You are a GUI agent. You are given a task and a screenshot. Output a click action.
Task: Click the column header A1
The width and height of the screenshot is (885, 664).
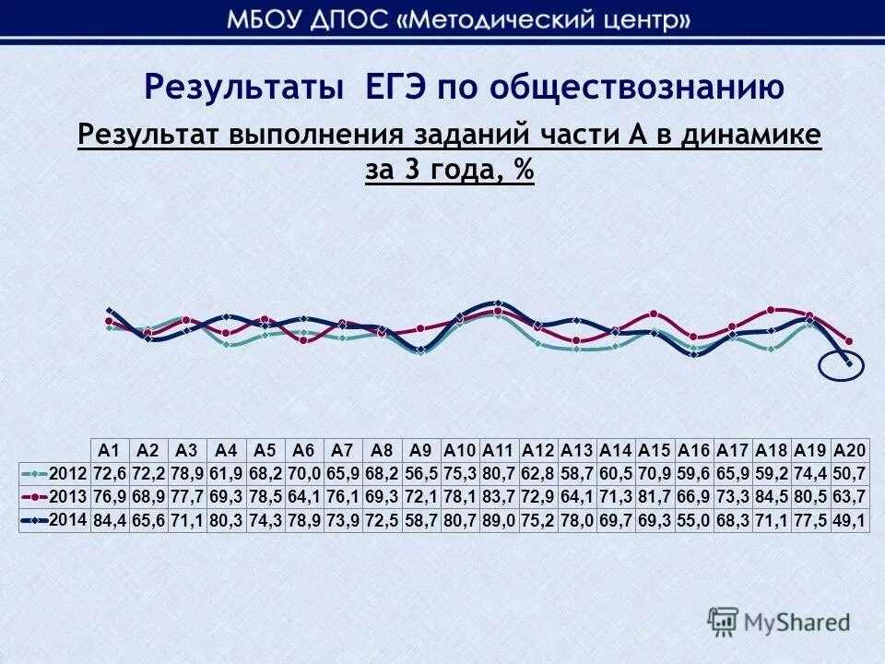pos(110,450)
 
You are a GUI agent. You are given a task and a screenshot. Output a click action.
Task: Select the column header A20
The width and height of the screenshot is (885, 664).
pos(849,450)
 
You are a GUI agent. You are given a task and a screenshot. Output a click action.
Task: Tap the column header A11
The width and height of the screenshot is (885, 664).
pos(499,450)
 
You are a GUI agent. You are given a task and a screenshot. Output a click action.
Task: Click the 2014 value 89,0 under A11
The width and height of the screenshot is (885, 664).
pos(499,521)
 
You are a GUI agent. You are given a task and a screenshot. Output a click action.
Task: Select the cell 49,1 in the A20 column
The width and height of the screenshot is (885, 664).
pos(849,521)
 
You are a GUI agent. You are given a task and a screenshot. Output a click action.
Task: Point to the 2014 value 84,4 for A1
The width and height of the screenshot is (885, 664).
pos(110,521)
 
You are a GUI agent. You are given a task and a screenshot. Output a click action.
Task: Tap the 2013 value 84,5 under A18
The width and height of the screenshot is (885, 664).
pos(772,497)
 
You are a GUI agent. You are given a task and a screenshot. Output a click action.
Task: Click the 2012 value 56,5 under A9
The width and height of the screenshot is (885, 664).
pos(421,473)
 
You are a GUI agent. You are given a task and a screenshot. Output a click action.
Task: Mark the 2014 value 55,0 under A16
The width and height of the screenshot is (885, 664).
pos(694,521)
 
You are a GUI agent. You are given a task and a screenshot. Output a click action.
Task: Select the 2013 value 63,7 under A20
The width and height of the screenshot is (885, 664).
pos(849,497)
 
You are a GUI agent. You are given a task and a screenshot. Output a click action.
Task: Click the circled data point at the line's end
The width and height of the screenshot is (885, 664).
pos(849,365)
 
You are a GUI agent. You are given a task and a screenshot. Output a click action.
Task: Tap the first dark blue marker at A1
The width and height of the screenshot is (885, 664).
pos(110,311)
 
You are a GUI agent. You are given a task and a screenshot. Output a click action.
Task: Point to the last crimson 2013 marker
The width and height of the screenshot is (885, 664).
pos(849,341)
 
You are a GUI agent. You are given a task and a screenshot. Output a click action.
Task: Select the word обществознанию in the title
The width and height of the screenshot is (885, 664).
pos(636,88)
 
